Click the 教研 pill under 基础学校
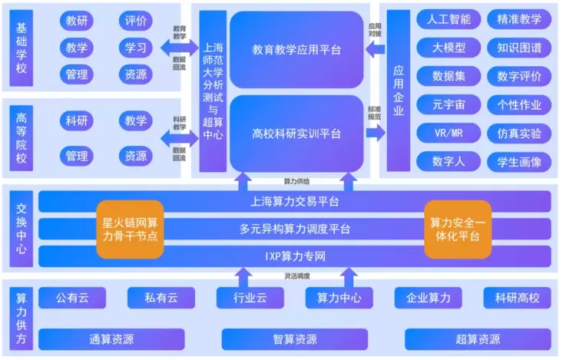pos(77,21)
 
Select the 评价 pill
pos(136,21)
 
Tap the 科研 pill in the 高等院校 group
pos(77,121)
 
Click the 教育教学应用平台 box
pos(296,50)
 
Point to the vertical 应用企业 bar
pos(399,91)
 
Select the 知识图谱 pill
pos(519,48)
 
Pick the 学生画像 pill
pos(519,161)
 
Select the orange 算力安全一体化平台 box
pos(458,229)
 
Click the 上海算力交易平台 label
pos(295,203)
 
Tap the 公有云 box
pos(72,298)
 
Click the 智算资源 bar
pos(295,339)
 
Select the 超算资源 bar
pos(478,339)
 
